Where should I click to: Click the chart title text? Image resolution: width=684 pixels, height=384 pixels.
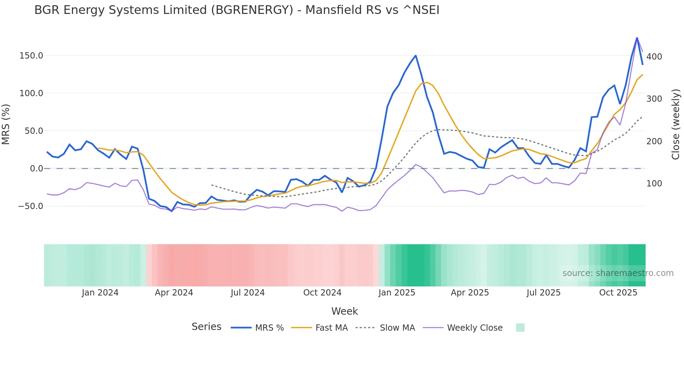[237, 10]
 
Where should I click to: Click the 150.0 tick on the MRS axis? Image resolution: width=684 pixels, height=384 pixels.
[31, 56]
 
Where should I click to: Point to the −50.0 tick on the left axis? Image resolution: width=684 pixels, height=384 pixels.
[30, 206]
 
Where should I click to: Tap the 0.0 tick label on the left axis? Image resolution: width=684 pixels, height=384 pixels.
[36, 169]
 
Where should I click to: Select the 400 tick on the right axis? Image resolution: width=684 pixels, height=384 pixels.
[654, 56]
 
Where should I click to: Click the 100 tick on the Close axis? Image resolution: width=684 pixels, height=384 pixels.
[654, 184]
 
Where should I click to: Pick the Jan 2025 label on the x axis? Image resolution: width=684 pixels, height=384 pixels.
[397, 293]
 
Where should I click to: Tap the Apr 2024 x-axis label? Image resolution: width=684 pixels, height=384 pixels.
[174, 293]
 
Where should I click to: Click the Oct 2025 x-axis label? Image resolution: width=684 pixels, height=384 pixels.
[618, 293]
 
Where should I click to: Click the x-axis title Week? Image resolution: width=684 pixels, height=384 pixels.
[344, 311]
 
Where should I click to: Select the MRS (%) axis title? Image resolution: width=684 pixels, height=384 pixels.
[6, 124]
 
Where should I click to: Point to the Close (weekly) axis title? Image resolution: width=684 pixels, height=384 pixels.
[676, 124]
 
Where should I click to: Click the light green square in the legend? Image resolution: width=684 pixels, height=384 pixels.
[520, 328]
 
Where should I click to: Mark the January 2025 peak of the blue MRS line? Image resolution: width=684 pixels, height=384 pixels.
[416, 55]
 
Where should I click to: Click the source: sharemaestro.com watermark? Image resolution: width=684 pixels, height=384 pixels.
[618, 273]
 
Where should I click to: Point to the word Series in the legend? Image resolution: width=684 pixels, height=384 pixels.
[206, 327]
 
